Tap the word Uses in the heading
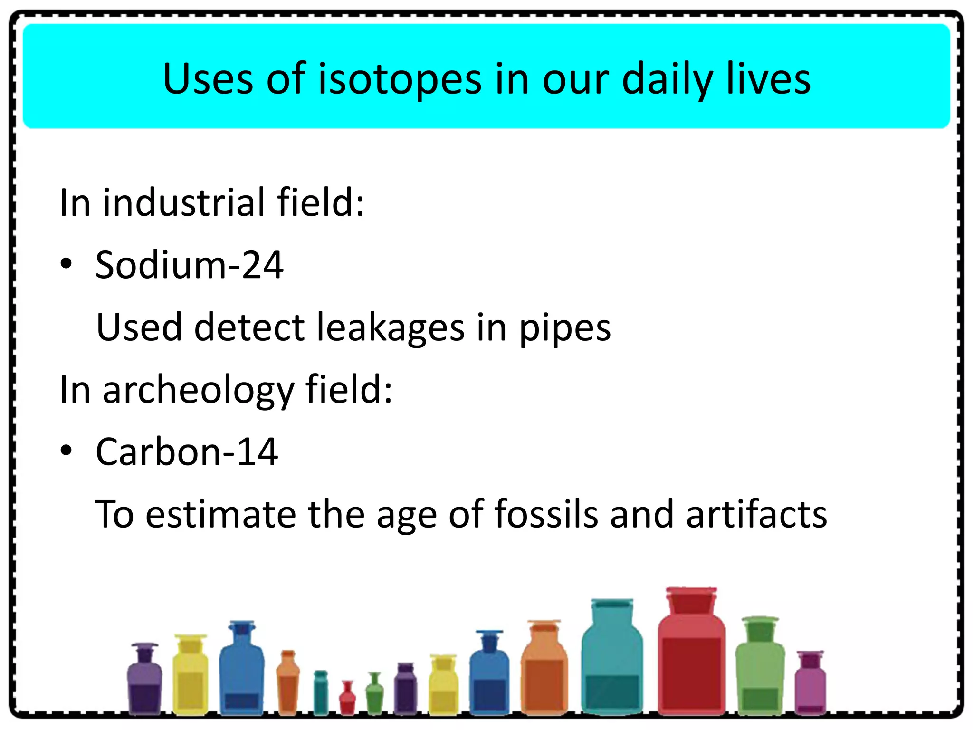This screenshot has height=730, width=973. (208, 79)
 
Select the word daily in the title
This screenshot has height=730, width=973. (667, 79)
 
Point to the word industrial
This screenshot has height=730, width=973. (184, 202)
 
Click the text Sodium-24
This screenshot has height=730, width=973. (189, 265)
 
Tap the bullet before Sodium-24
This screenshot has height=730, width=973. (66, 264)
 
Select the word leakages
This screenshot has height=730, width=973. (391, 327)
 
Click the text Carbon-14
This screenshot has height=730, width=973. (186, 451)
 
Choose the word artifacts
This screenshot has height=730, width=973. (756, 514)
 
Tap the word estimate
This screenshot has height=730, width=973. (220, 514)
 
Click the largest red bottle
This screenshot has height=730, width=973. (691, 665)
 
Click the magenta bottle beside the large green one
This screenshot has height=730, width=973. (810, 684)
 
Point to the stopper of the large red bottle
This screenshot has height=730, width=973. (691, 600)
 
